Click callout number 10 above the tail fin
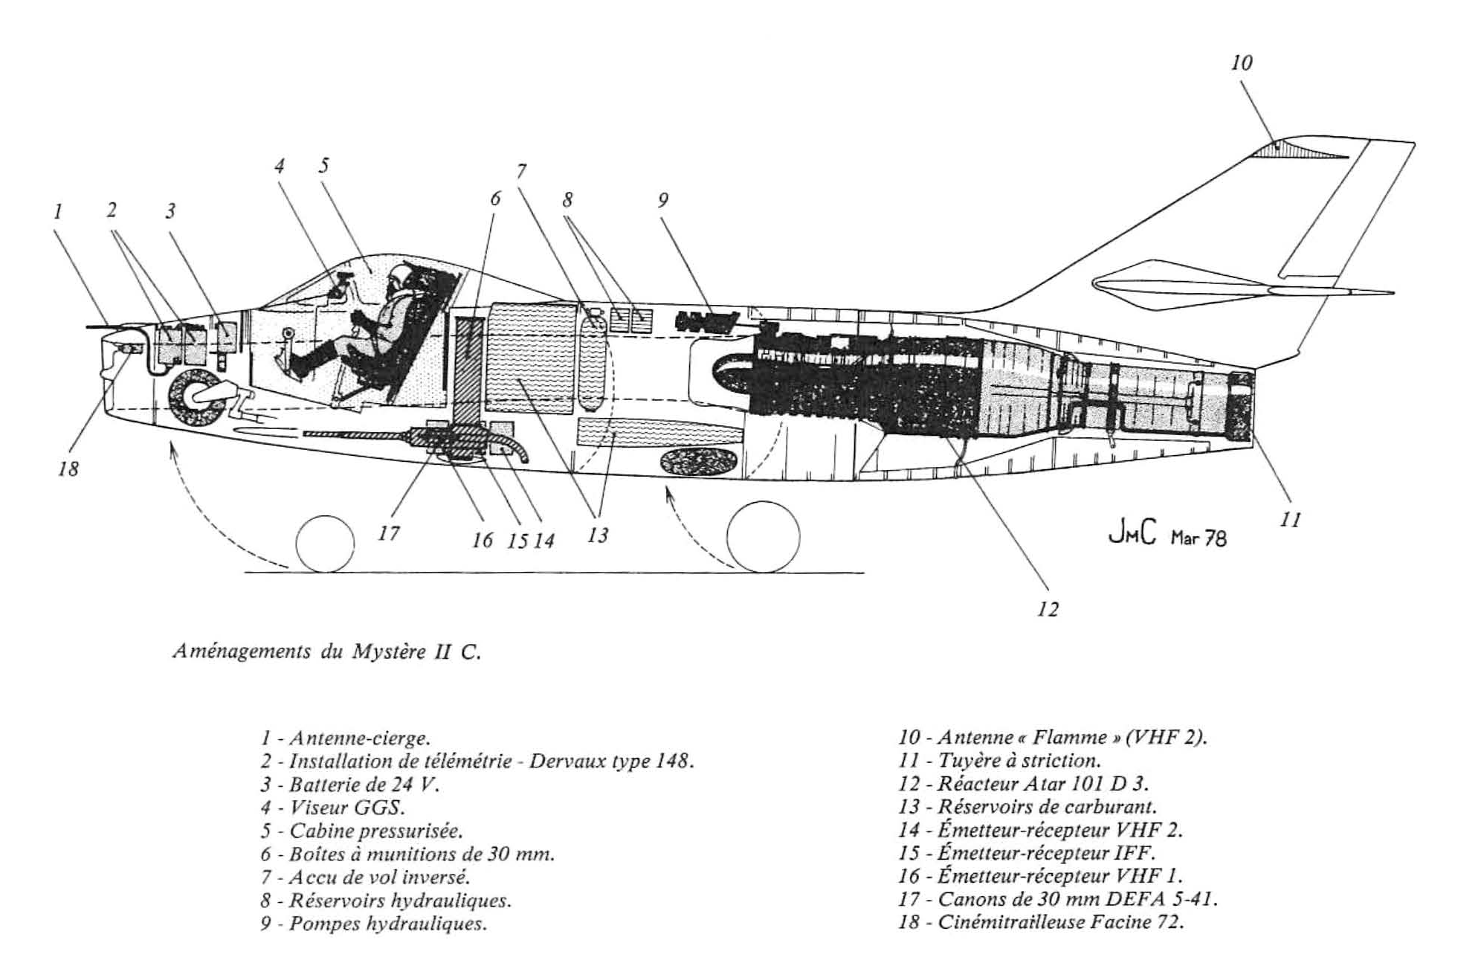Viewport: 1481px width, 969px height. [x=1242, y=63]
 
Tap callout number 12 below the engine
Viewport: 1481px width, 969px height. [x=1047, y=610]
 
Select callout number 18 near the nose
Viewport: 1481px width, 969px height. [x=68, y=469]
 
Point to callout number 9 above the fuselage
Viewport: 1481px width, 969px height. [x=662, y=200]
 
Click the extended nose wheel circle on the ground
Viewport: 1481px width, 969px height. [x=325, y=544]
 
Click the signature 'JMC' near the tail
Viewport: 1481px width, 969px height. [x=1133, y=534]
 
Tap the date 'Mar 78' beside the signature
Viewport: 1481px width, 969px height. [x=1198, y=538]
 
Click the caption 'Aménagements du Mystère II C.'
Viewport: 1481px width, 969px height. [x=327, y=651]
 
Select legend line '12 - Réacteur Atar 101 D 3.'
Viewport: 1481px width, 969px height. [x=1025, y=783]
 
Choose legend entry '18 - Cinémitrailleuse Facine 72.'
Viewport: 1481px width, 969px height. [x=1041, y=922]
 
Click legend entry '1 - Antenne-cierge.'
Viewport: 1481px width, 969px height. [x=346, y=738]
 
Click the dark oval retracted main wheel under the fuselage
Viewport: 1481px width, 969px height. [x=700, y=462]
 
